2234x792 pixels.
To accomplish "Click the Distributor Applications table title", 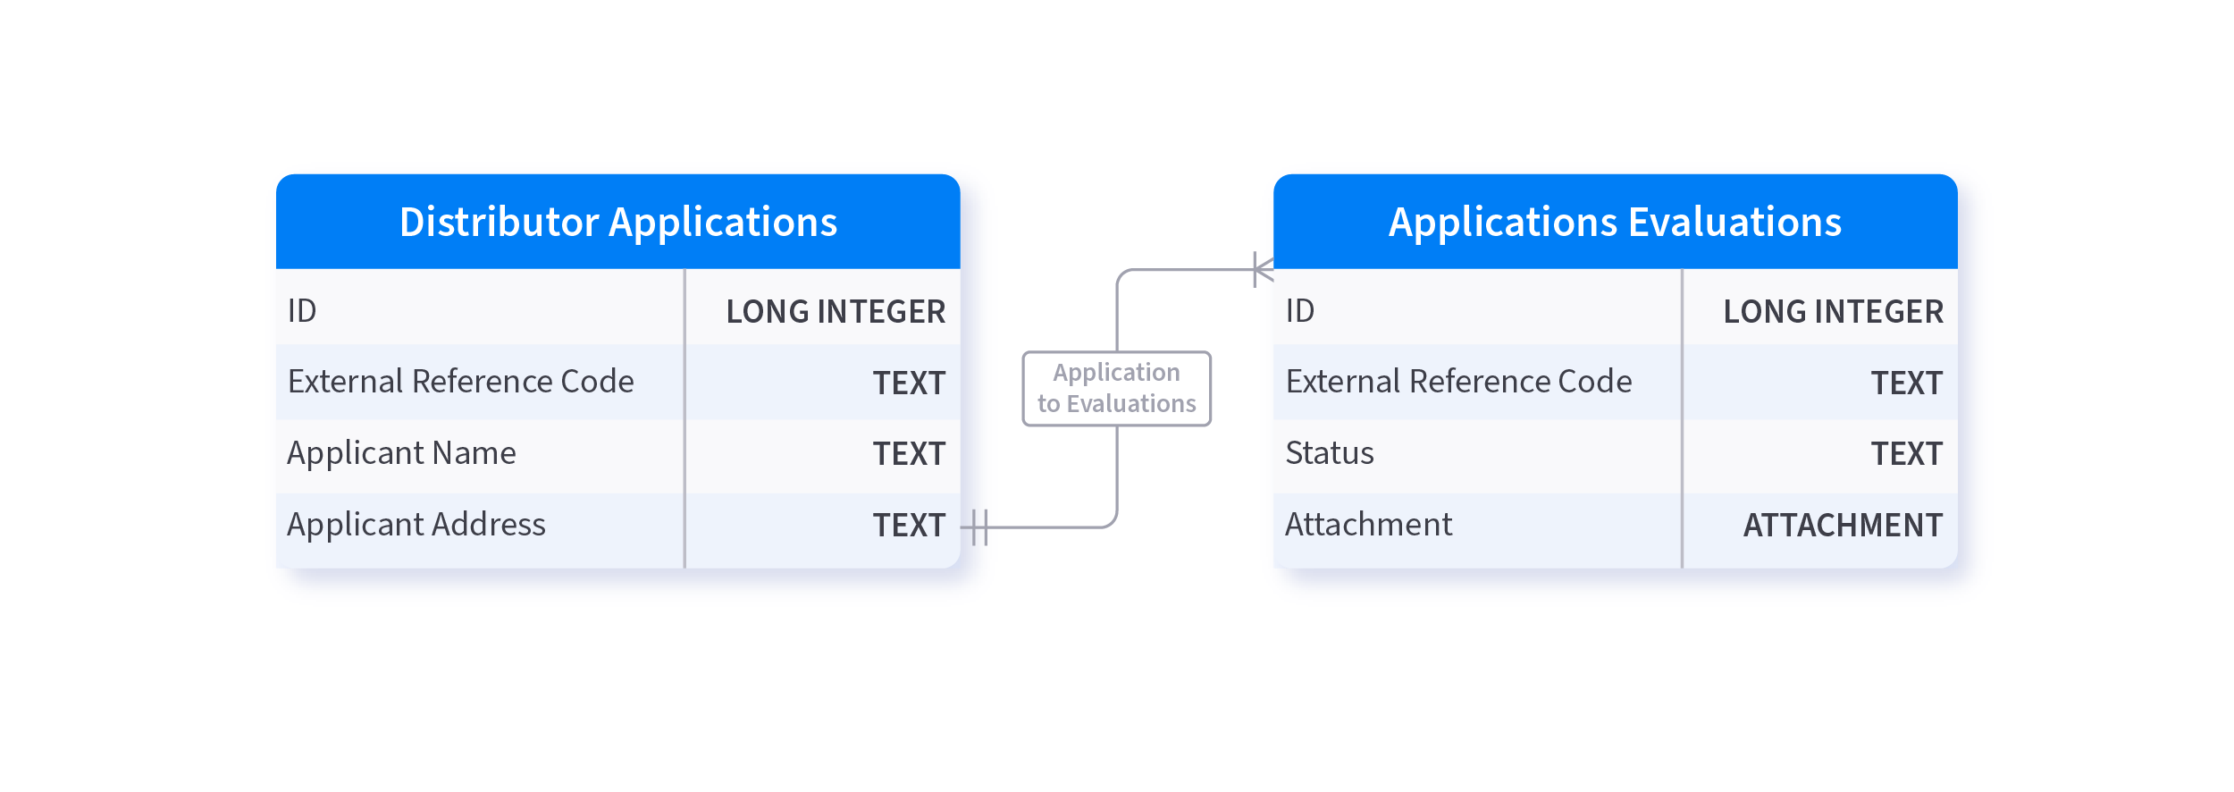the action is point(618,222).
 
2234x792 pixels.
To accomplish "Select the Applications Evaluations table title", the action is point(1615,222).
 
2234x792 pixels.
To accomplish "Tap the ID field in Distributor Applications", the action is point(302,311).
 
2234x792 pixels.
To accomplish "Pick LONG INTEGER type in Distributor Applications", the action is point(836,311).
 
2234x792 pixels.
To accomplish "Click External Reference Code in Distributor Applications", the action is point(460,382).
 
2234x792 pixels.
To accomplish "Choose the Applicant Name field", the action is point(401,453).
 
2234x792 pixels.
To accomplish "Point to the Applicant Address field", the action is point(416,525).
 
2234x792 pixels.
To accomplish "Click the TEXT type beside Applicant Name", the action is point(909,454).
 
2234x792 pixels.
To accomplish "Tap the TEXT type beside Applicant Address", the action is point(909,526).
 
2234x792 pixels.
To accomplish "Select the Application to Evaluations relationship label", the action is point(1117,388).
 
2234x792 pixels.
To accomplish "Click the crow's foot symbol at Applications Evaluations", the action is point(1263,269).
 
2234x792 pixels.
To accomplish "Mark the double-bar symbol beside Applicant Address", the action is point(979,527).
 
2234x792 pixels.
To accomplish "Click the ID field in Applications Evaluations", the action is point(1300,311).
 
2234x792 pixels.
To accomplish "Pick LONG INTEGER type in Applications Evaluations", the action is point(1833,311).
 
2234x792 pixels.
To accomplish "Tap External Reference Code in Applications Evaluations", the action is point(1458,382).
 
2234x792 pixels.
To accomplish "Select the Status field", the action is point(1330,453).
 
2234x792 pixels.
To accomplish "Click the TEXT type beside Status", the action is point(1907,454).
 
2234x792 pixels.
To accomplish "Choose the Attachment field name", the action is point(1369,525).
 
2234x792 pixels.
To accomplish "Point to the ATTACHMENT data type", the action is point(1843,526).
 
